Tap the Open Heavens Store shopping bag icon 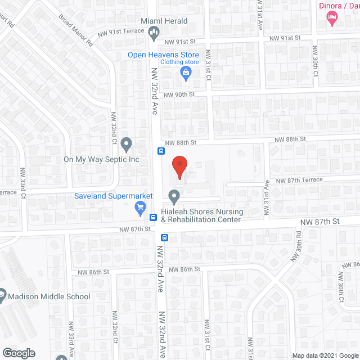point(184,73)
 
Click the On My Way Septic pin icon point(127,145)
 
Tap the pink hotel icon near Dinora point(332,19)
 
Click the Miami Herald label point(164,21)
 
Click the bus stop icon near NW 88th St point(161,151)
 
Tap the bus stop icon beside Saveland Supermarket point(152,217)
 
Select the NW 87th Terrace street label point(299,180)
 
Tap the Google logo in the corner point(18,353)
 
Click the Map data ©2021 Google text point(325,355)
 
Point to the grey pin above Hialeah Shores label point(174,197)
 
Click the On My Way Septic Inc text point(101,159)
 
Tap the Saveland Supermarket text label point(114,196)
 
